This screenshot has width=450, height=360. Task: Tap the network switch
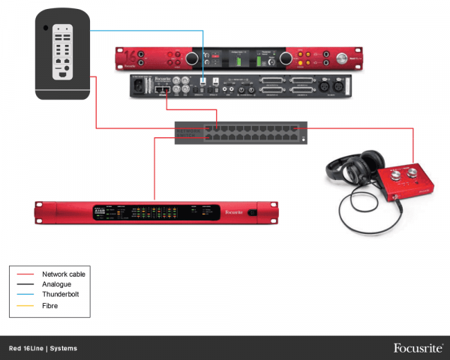click(x=240, y=133)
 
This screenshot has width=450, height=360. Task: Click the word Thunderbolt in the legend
click(x=61, y=295)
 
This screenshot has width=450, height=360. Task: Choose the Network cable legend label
click(x=64, y=274)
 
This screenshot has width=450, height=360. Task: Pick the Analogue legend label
click(x=58, y=285)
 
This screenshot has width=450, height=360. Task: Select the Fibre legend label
click(x=51, y=305)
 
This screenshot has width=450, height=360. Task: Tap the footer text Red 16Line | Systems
click(x=43, y=349)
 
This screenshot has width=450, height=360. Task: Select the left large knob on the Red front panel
click(x=192, y=58)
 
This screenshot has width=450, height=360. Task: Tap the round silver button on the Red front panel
click(x=343, y=57)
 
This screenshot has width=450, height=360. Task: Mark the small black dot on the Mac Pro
click(x=46, y=28)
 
